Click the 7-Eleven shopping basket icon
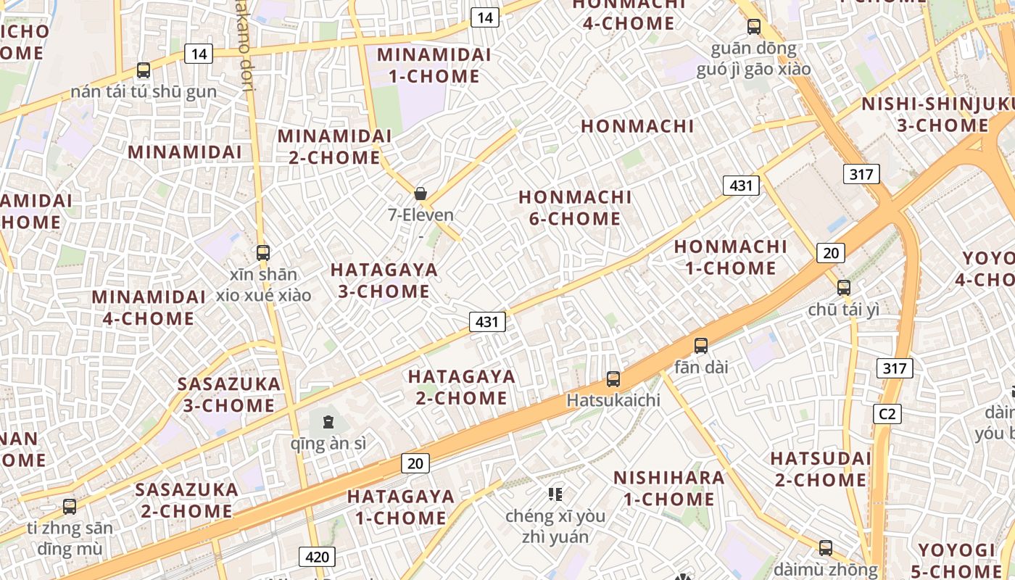420,194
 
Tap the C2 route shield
887,414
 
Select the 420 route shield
317,557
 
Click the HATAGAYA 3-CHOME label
384,281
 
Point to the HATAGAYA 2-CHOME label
462,387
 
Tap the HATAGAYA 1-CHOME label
401,507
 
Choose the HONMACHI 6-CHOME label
575,208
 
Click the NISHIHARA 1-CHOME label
668,488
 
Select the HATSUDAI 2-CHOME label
821,469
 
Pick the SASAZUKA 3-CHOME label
229,394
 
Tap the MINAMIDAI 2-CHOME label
335,146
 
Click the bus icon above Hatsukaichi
613,378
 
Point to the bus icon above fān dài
700,346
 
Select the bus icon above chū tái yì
843,287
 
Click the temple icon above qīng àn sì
328,421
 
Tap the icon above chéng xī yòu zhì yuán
555,494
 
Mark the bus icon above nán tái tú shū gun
144,70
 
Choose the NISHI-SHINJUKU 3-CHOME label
937,115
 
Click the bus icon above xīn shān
263,253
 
